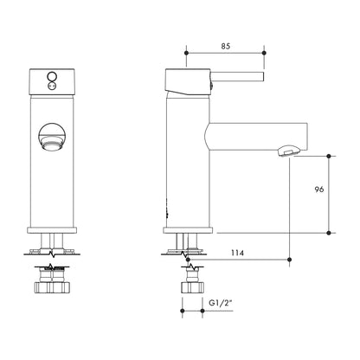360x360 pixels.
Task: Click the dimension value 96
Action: [x=318, y=191]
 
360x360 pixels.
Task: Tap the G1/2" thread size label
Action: [x=221, y=305]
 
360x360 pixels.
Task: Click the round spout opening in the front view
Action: [x=53, y=139]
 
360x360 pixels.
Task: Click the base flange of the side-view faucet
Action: [x=189, y=231]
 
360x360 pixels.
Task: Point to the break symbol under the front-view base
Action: [x=54, y=253]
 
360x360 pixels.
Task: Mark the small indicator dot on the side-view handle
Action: [x=208, y=85]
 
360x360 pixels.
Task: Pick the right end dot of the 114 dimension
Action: [x=289, y=258]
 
